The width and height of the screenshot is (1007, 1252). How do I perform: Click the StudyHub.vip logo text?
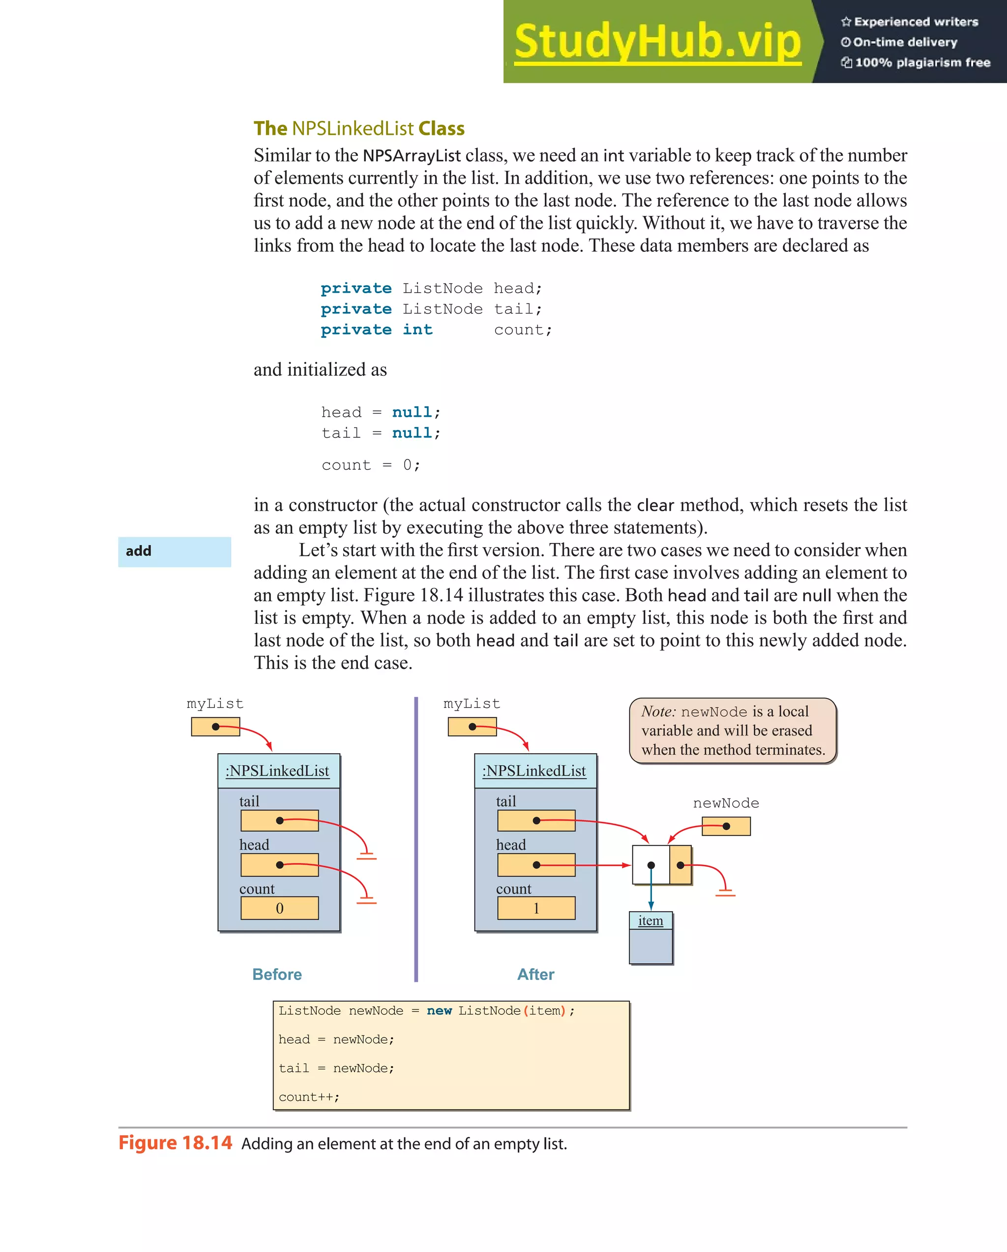tap(657, 42)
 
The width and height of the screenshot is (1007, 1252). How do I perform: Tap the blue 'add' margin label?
tap(174, 551)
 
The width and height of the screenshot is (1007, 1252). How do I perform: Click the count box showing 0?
tap(279, 908)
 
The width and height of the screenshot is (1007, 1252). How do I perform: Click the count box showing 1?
tap(536, 908)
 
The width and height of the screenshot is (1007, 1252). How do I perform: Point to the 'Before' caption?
tap(277, 975)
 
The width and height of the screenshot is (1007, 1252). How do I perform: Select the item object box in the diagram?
tap(651, 937)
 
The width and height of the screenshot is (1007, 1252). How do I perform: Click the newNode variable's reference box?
tap(726, 826)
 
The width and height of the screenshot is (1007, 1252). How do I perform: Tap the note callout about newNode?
tap(733, 731)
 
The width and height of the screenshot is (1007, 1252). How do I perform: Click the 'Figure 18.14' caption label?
tap(175, 1143)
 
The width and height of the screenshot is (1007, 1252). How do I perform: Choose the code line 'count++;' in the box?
tap(309, 1097)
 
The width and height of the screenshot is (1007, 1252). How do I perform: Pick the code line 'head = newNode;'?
tap(336, 1039)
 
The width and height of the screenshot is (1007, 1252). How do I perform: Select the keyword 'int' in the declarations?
tap(417, 330)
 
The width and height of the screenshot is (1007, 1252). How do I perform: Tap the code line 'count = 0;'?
tap(370, 465)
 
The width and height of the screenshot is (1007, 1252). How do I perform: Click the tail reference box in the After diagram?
tap(536, 821)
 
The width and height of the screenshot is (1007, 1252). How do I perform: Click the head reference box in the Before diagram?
tap(279, 865)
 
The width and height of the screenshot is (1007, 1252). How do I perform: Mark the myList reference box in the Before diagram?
tap(215, 727)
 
